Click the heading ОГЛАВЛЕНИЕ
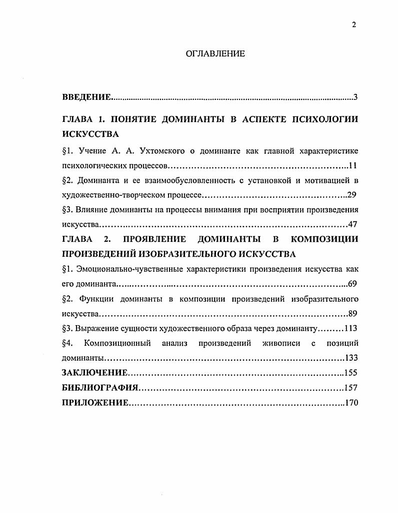(x=215, y=54)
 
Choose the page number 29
(x=351, y=195)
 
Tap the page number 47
(x=353, y=224)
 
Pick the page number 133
(x=351, y=358)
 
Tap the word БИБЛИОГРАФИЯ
(x=100, y=388)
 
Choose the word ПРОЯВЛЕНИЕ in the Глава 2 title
(x=154, y=239)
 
